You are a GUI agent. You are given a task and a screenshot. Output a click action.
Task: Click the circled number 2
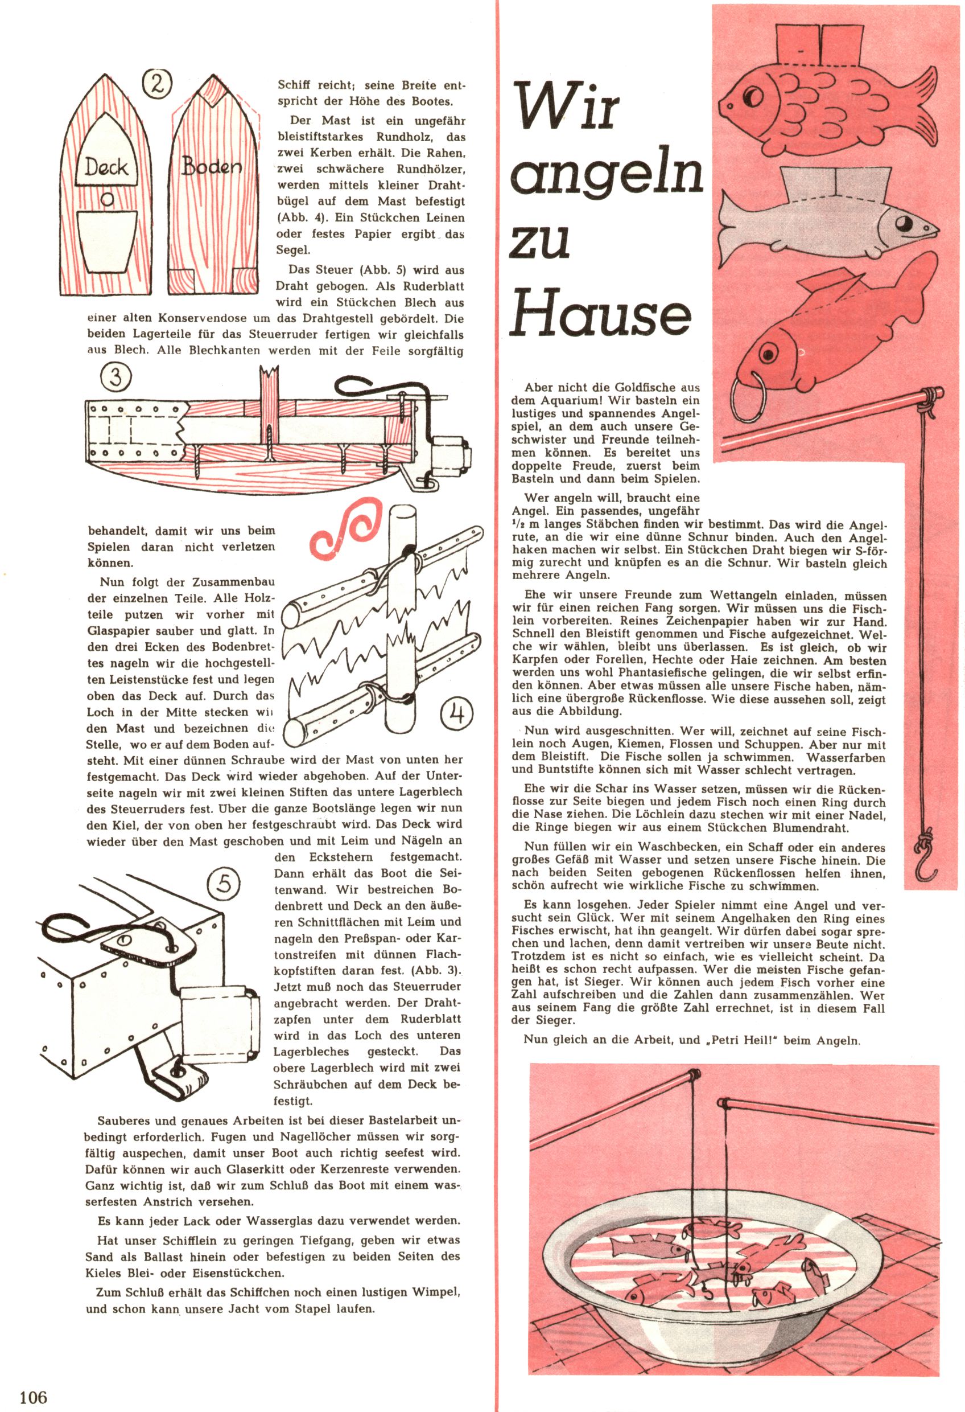tap(156, 84)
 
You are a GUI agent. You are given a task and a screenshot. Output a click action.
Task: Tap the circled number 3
tap(116, 377)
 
